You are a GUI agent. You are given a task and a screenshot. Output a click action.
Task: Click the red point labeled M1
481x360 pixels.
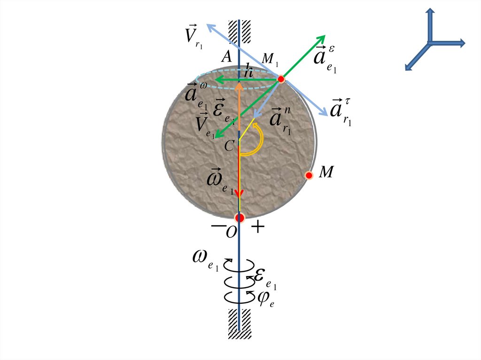coord(281,79)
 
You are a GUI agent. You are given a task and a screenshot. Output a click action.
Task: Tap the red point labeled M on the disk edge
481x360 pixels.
coord(309,175)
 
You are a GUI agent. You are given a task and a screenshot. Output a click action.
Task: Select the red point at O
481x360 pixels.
coord(240,218)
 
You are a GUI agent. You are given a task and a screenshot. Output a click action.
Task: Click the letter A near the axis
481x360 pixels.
coord(226,57)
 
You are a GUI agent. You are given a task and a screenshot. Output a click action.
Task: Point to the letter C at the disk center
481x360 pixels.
coord(229,146)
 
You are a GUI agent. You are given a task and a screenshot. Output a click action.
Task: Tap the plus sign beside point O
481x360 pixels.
coord(258,228)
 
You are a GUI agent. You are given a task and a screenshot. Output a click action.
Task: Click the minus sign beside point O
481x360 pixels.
coord(217,226)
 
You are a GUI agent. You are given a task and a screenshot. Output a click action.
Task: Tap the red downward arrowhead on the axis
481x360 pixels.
coord(240,193)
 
